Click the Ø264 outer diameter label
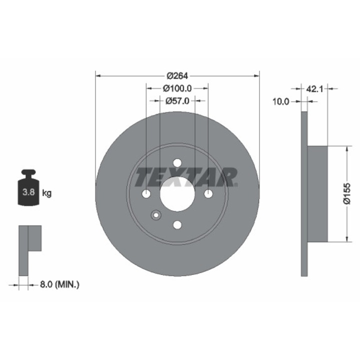[177, 76]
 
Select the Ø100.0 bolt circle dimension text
[177, 88]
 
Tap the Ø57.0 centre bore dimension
[177, 101]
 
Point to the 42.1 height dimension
[314, 88]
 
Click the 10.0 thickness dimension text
[280, 101]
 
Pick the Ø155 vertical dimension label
[346, 193]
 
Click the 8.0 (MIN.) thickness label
[59, 284]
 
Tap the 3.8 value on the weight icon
[28, 192]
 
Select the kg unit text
[47, 193]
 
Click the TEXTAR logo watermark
[186, 177]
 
